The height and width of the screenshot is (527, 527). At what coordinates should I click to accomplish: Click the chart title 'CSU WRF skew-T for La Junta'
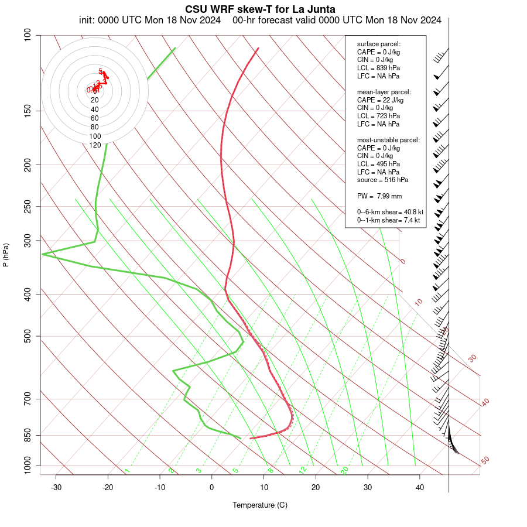click(x=260, y=9)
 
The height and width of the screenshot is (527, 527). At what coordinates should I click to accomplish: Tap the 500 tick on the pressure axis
click(x=27, y=336)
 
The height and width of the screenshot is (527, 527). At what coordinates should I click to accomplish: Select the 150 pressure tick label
click(x=27, y=111)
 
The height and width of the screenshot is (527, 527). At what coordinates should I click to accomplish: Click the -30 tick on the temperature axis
click(x=56, y=488)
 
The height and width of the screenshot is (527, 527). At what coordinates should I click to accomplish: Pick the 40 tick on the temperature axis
click(x=419, y=488)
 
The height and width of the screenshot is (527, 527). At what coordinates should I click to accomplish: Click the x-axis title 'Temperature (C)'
click(x=260, y=505)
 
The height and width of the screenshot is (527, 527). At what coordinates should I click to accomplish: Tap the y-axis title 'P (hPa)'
click(x=6, y=255)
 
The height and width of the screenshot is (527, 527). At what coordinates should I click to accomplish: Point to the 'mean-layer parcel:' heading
click(x=384, y=92)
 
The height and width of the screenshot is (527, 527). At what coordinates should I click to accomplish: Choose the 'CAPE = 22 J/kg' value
click(x=380, y=100)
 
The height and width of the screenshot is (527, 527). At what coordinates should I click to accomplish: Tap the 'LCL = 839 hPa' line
click(x=378, y=68)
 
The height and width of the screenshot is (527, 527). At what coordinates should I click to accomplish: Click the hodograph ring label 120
click(x=95, y=145)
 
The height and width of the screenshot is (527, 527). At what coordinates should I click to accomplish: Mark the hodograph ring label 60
click(x=95, y=118)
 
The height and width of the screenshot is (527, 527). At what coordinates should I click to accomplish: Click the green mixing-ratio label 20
click(x=345, y=470)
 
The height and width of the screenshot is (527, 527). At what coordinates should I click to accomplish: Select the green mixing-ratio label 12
click(x=303, y=470)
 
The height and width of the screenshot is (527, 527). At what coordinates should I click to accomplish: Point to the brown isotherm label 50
click(x=485, y=460)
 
